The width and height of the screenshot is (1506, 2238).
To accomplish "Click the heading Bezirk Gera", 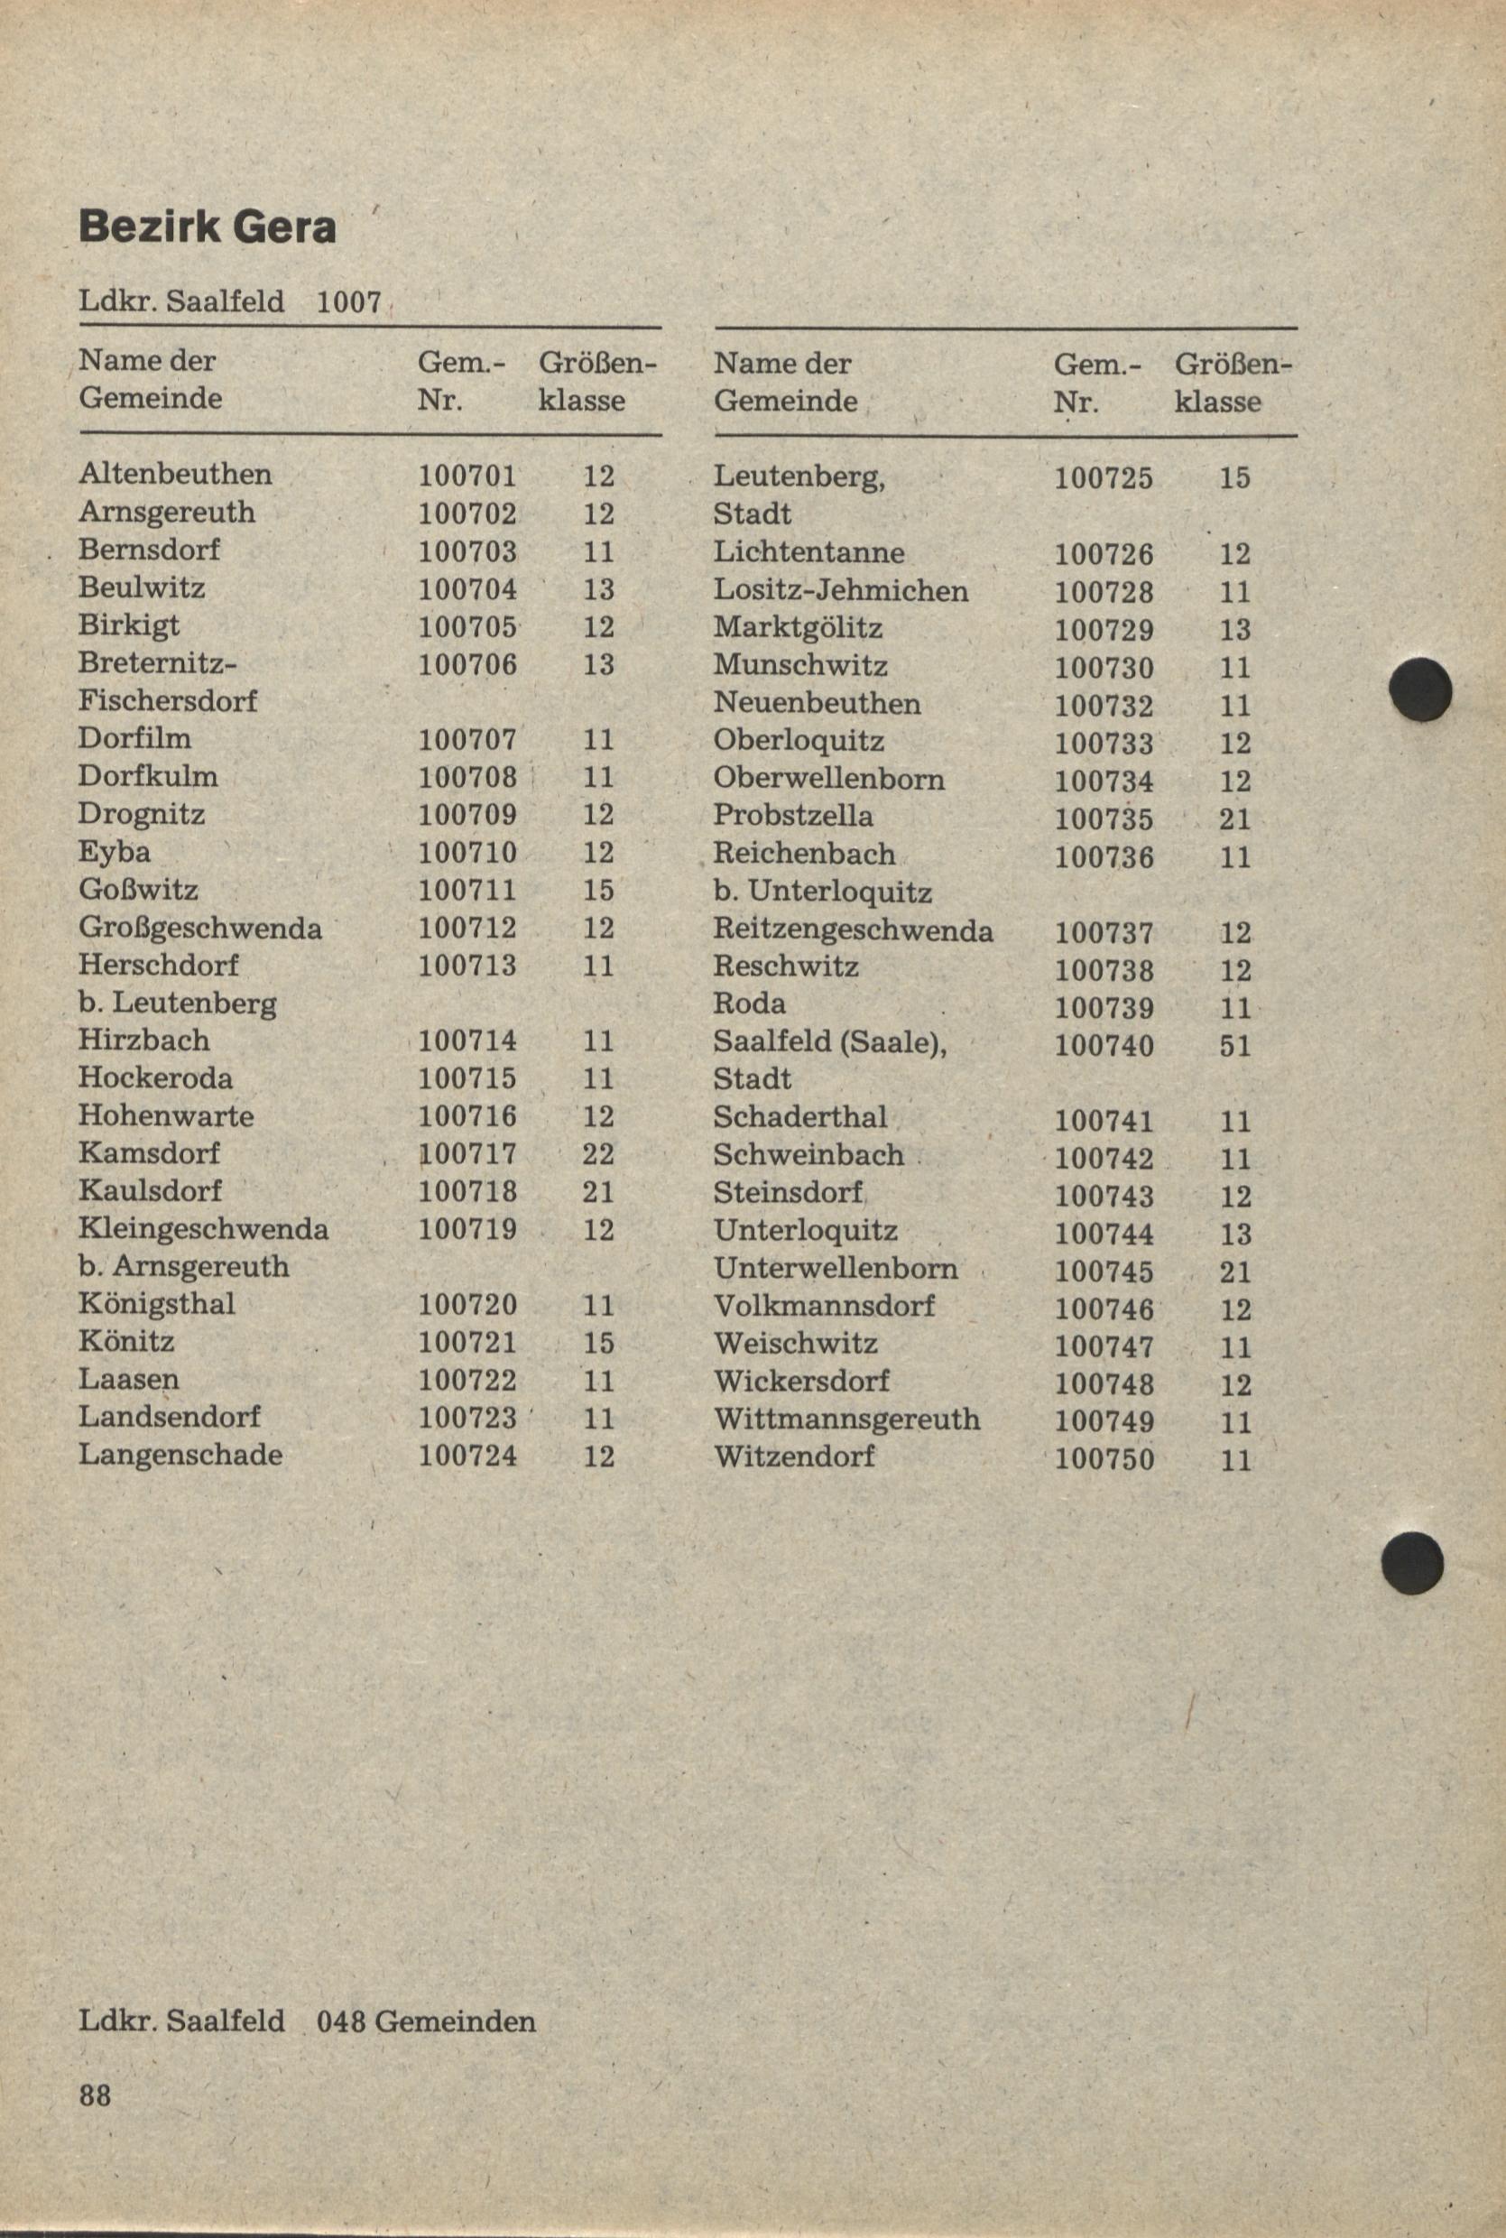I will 208,227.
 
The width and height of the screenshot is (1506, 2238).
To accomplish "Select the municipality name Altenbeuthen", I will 175,474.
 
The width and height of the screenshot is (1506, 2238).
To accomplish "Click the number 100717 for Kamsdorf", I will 467,1152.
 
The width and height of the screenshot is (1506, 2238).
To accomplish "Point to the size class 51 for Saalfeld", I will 1235,1045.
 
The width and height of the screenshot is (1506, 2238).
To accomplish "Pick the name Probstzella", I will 793,816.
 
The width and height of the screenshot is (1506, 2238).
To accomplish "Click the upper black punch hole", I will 1421,689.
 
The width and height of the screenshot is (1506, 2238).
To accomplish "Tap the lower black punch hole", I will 1412,1564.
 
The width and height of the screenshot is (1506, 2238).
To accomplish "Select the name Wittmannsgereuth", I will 846,1419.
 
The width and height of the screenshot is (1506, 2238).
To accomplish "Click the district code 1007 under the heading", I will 348,302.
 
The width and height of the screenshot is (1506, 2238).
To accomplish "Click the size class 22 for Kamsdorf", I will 597,1153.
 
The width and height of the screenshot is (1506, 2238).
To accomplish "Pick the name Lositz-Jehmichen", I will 840,590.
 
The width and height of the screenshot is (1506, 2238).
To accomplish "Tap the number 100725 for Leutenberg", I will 1104,477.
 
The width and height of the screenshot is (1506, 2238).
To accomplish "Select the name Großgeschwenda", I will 199,928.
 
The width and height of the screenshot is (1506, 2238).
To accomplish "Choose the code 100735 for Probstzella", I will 1104,818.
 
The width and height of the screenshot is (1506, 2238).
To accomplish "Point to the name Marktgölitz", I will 799,628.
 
